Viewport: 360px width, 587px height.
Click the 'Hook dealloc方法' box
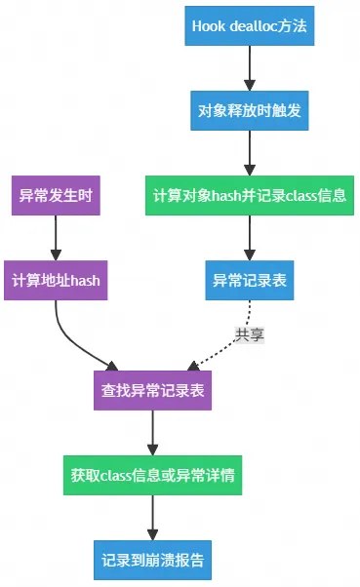pyautogui.click(x=250, y=26)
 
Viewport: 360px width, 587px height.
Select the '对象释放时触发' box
pyautogui.click(x=250, y=111)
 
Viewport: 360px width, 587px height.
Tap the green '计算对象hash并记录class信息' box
pyautogui.click(x=250, y=196)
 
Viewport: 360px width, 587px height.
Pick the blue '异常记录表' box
pyautogui.click(x=250, y=281)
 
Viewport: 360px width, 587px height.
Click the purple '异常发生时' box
pyautogui.click(x=56, y=196)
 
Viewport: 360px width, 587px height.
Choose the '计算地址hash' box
pyautogui.click(x=56, y=281)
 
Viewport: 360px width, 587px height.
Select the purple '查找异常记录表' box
pyautogui.click(x=152, y=391)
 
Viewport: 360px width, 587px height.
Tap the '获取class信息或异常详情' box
pyautogui.click(x=152, y=476)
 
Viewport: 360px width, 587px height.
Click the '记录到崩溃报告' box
pyautogui.click(x=152, y=561)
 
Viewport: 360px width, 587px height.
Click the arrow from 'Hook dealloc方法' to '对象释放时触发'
pyautogui.click(x=250, y=68)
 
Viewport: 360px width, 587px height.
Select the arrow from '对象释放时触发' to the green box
pyautogui.click(x=250, y=153)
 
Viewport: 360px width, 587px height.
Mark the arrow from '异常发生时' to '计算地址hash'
pyautogui.click(x=56, y=238)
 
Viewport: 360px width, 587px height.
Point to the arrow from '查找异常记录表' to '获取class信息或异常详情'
pyautogui.click(x=152, y=433)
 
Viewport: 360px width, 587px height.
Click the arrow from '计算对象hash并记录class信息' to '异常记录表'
pyautogui.click(x=250, y=238)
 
